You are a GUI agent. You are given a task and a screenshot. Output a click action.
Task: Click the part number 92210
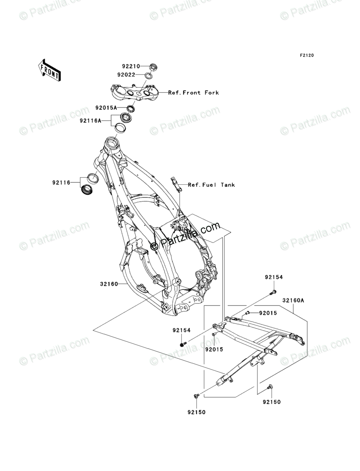(x=131, y=66)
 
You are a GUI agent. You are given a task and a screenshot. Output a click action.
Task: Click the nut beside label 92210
(x=153, y=67)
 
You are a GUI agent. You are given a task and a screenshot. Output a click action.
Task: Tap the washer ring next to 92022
(x=149, y=75)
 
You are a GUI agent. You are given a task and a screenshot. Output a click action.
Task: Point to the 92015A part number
(x=106, y=108)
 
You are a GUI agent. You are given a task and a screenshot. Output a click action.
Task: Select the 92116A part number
(x=90, y=120)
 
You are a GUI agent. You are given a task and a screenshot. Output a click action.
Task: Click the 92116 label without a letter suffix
(x=60, y=183)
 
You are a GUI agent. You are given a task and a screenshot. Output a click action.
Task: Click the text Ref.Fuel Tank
(x=211, y=185)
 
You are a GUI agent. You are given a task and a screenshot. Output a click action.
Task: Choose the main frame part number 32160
(x=109, y=284)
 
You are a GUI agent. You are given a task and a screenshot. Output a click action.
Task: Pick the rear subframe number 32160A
(x=293, y=300)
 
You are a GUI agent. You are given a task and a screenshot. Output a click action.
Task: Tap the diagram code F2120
(x=306, y=56)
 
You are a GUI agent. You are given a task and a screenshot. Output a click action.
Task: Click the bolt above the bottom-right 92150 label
(x=269, y=387)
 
